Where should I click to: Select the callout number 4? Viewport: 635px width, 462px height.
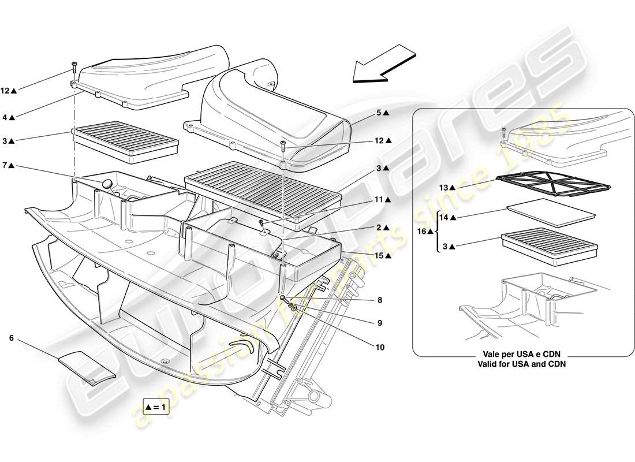5,117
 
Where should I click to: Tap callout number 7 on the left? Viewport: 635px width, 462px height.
5,166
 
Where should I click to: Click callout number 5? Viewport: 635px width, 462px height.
379,113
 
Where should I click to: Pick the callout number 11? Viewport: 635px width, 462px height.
379,199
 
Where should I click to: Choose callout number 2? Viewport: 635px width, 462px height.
379,228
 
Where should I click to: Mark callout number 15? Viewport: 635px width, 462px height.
379,255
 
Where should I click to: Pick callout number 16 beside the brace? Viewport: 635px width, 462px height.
423,231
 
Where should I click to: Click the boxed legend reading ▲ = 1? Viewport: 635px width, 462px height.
156,407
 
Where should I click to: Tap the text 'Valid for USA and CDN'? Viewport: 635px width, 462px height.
521,364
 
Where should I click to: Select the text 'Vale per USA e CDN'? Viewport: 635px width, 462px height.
521,355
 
